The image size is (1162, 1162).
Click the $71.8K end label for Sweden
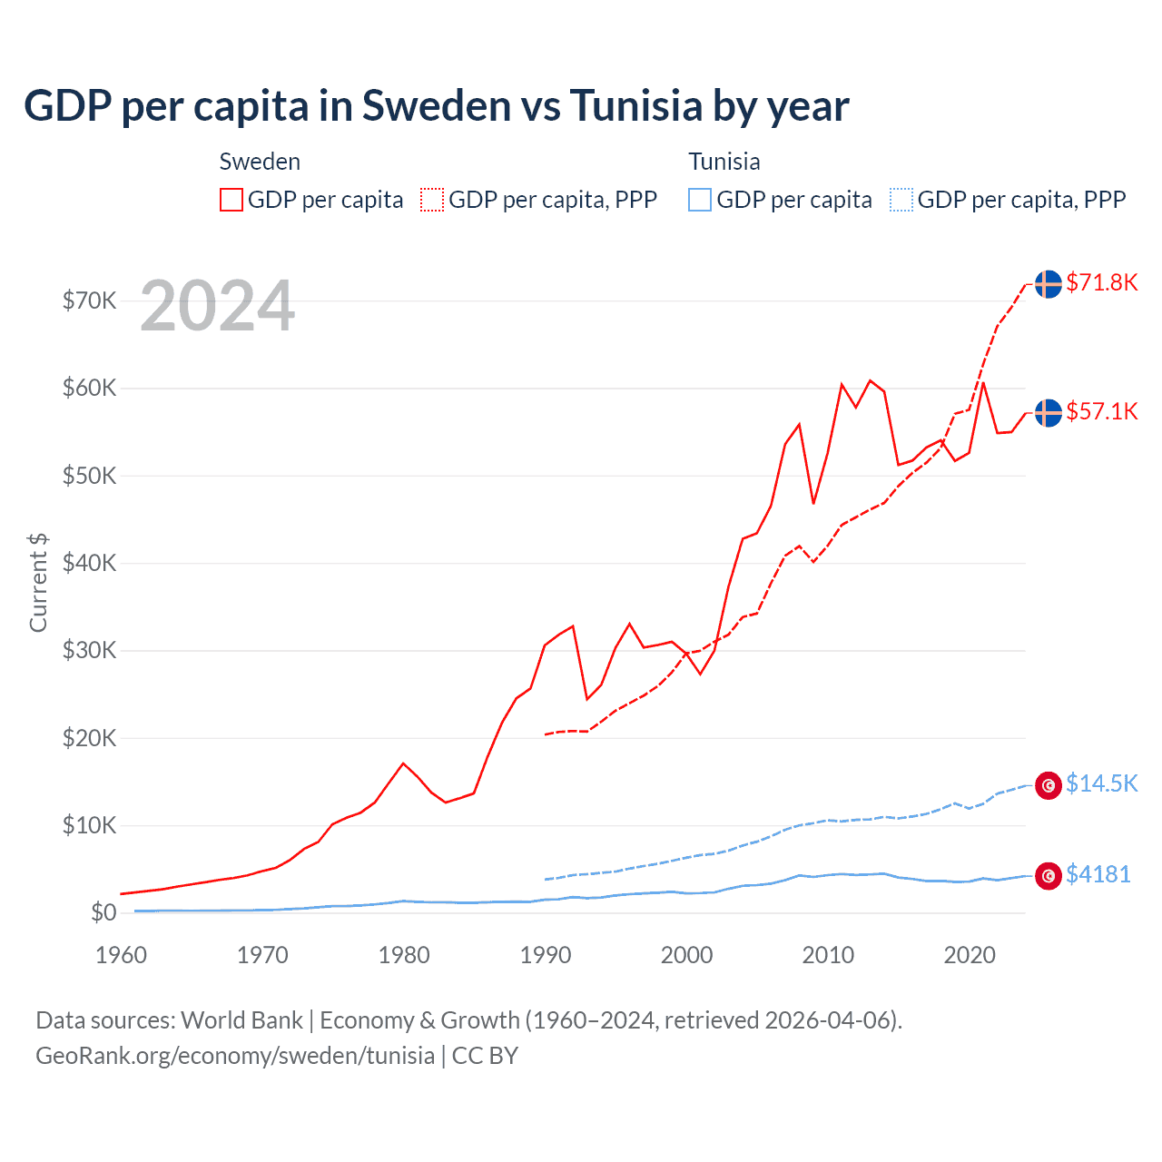[x=1101, y=282]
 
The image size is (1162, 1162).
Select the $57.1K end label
[x=1101, y=411]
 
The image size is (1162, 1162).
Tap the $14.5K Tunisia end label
[x=1101, y=783]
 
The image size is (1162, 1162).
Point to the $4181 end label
[x=1098, y=874]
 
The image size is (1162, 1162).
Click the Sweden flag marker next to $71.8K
[x=1049, y=284]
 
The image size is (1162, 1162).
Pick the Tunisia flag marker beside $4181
[x=1049, y=876]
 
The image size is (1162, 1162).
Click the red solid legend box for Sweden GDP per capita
[x=231, y=200]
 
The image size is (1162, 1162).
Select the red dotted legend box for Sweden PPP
[x=432, y=200]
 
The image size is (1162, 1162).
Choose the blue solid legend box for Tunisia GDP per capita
[x=700, y=200]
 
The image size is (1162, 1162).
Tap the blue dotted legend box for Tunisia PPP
[x=901, y=200]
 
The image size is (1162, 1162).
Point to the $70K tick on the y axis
[x=89, y=300]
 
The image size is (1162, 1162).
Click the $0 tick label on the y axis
[x=103, y=912]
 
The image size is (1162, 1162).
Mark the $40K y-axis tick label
[x=89, y=563]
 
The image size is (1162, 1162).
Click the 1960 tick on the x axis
[x=121, y=955]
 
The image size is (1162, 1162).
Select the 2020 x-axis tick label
[x=970, y=955]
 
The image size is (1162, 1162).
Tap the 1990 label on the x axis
[x=546, y=955]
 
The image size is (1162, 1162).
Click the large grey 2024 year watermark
[x=217, y=307]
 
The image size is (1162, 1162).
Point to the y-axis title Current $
[x=38, y=583]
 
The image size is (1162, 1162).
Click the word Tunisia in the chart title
[x=635, y=106]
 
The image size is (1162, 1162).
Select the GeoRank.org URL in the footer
[x=234, y=1056]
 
